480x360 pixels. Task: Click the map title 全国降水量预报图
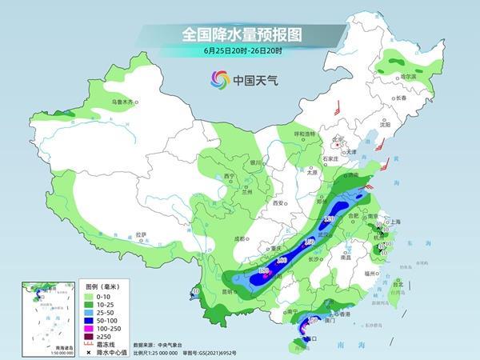239,34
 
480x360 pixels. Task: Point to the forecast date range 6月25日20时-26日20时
239,52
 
